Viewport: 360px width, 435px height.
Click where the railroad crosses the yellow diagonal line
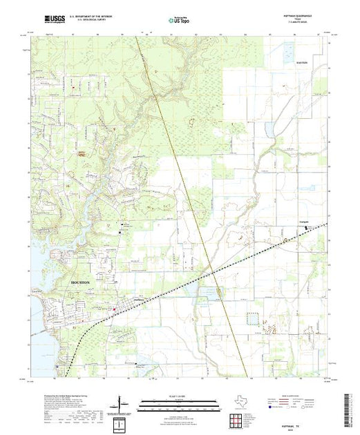click(214, 272)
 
